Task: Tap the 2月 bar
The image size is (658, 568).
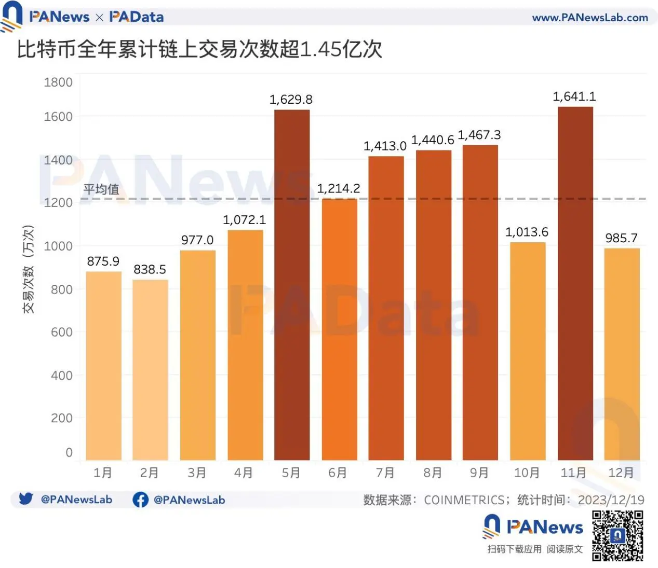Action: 150,369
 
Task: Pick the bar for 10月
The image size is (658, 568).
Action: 528,351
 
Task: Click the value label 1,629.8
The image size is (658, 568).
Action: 291,100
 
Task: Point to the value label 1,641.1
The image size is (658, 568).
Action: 574,96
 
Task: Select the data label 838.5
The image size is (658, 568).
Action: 150,270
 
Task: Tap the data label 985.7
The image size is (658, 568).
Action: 621,238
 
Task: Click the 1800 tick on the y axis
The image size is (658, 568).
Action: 58,82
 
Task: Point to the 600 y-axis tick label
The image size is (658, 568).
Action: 61,332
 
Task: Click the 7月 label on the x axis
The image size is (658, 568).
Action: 385,473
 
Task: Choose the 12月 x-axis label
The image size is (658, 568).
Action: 621,473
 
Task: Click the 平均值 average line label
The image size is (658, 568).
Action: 101,189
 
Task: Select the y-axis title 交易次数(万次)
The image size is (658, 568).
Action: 29,269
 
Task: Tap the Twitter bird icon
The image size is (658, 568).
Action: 26,499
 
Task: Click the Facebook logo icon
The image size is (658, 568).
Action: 140,500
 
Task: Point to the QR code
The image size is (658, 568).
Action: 617,535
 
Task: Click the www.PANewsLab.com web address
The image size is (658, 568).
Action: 590,18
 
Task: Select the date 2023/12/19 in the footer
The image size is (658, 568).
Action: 611,500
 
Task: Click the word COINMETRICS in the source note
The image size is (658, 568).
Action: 464,500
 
